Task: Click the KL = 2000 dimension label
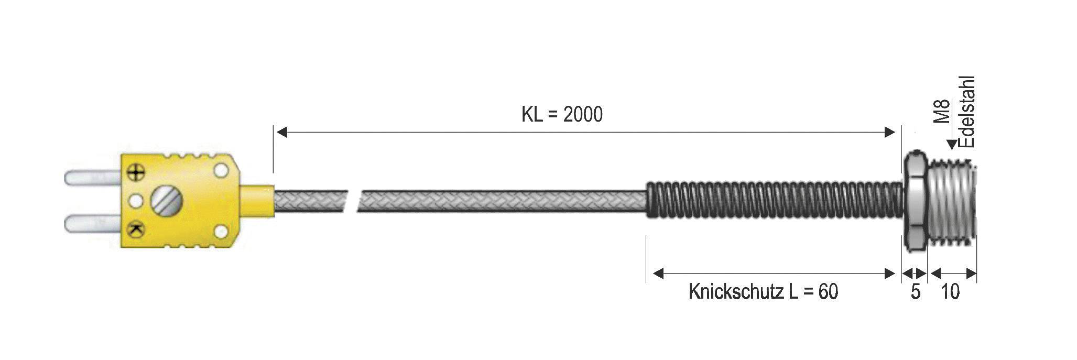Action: [562, 114]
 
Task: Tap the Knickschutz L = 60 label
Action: [763, 292]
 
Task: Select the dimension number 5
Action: [915, 292]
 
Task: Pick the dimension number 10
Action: [950, 292]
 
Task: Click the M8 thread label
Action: [942, 111]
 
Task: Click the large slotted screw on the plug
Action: [166, 200]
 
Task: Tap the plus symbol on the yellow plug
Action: [137, 172]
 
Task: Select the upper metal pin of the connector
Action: [92, 178]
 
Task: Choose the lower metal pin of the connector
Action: [92, 224]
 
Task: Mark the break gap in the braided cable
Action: [353, 201]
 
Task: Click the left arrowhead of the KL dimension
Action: [282, 132]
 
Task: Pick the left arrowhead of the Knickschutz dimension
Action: [658, 273]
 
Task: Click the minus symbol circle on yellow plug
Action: [137, 228]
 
